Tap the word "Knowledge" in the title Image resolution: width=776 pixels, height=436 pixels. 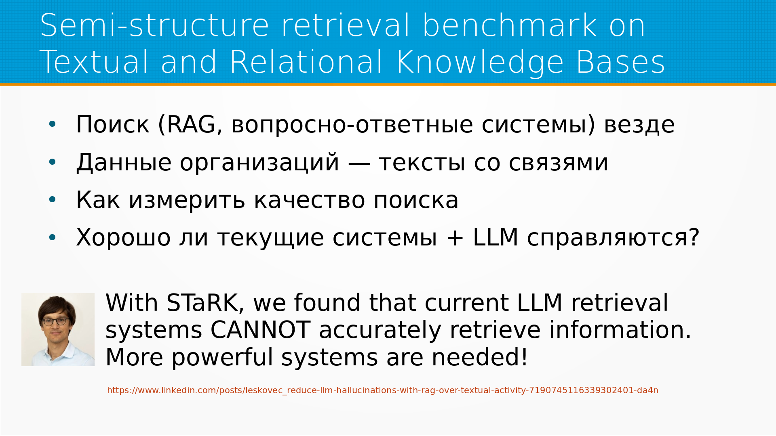(480, 62)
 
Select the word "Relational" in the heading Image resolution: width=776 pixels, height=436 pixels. (306, 62)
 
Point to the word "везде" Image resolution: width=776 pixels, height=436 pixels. (639, 125)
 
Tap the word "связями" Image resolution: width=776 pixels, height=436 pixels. (558, 163)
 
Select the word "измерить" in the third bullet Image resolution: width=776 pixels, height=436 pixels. (187, 200)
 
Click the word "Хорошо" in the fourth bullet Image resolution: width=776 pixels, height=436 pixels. (123, 237)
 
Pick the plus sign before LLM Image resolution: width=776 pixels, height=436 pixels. (455, 237)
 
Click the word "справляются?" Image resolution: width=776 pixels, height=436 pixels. (613, 238)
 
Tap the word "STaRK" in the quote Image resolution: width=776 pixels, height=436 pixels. (205, 303)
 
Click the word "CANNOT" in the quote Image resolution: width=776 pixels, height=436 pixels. (260, 330)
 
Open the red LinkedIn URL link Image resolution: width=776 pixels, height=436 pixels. (382, 390)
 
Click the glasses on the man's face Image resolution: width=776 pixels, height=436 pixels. (55, 321)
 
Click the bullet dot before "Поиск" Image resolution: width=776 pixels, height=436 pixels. (52, 124)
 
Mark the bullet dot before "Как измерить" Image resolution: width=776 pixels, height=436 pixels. (52, 200)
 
